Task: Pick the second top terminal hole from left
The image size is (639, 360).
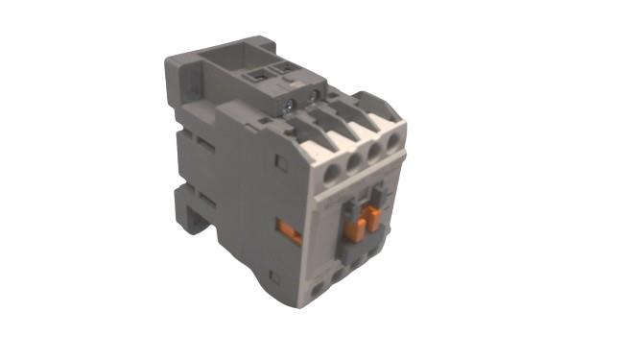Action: (x=352, y=164)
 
